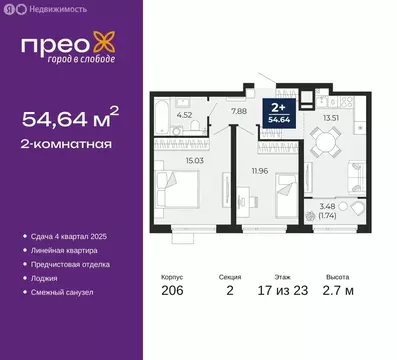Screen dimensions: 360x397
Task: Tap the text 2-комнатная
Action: pos(66,144)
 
